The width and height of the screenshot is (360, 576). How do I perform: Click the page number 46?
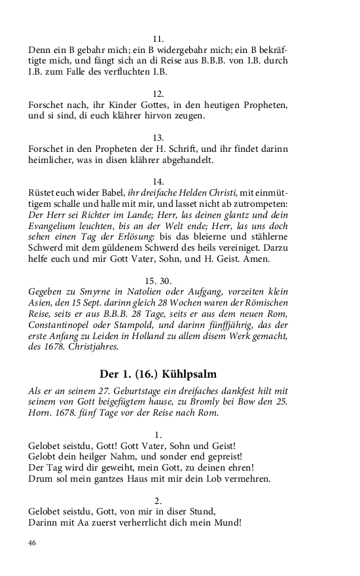[x=33, y=543]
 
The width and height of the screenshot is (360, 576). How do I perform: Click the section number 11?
[x=158, y=39]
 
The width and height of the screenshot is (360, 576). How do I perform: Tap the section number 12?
[x=158, y=94]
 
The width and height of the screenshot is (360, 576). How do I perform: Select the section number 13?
[x=158, y=137]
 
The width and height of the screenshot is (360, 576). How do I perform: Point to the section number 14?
[x=158, y=181]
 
